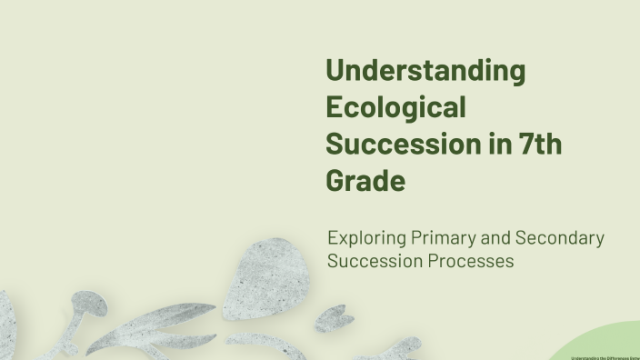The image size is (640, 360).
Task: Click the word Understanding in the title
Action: (425, 71)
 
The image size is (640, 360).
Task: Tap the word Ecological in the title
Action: (395, 107)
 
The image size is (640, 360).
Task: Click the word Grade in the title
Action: (365, 180)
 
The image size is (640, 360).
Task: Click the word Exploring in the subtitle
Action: (367, 239)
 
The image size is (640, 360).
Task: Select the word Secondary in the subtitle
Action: (560, 238)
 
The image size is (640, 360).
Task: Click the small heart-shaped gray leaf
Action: (335, 317)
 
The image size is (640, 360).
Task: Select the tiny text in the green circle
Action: (605, 357)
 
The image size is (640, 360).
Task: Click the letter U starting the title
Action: (335, 71)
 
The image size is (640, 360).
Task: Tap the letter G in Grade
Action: (336, 180)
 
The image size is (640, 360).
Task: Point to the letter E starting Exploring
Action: (333, 239)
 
